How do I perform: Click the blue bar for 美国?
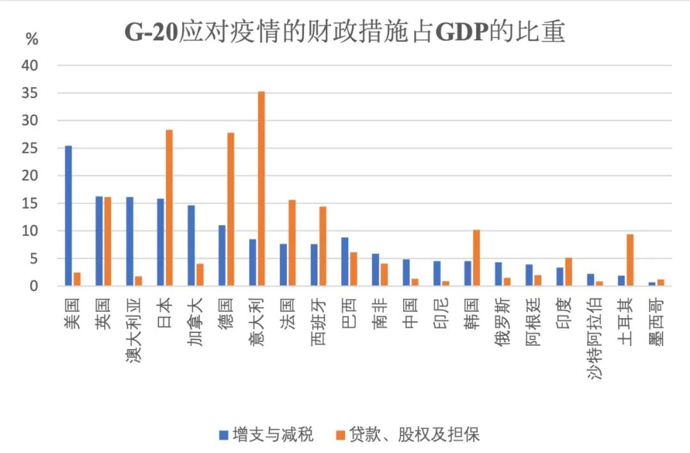pyautogui.click(x=68, y=216)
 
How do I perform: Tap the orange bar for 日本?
pyautogui.click(x=169, y=208)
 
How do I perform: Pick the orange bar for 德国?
pyautogui.click(x=231, y=209)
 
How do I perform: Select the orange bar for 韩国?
pyautogui.click(x=476, y=258)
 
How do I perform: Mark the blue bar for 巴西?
pyautogui.click(x=345, y=262)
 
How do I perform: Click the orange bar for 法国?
pyautogui.click(x=292, y=243)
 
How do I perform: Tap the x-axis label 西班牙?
pyautogui.click(x=319, y=322)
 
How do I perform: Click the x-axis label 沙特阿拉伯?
pyautogui.click(x=595, y=338)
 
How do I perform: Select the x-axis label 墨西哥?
pyautogui.click(x=657, y=322)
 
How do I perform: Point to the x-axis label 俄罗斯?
pyautogui.click(x=503, y=322)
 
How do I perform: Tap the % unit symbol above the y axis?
pyautogui.click(x=31, y=39)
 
